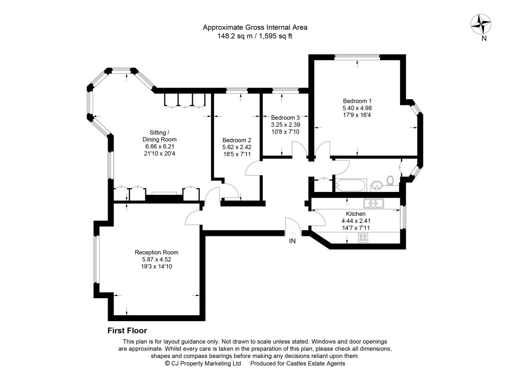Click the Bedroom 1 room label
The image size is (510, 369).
tap(357, 101)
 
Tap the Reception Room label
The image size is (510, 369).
tap(156, 252)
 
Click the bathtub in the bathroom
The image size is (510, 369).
tap(352, 185)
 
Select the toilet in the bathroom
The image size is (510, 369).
tap(391, 180)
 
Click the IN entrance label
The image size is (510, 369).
tap(292, 241)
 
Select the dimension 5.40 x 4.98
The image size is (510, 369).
tap(357, 108)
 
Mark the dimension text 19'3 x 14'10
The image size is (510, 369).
tap(156, 267)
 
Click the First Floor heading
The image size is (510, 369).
tap(127, 331)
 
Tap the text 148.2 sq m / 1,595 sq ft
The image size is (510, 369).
tap(255, 36)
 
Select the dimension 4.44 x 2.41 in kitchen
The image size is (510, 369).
tap(356, 221)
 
